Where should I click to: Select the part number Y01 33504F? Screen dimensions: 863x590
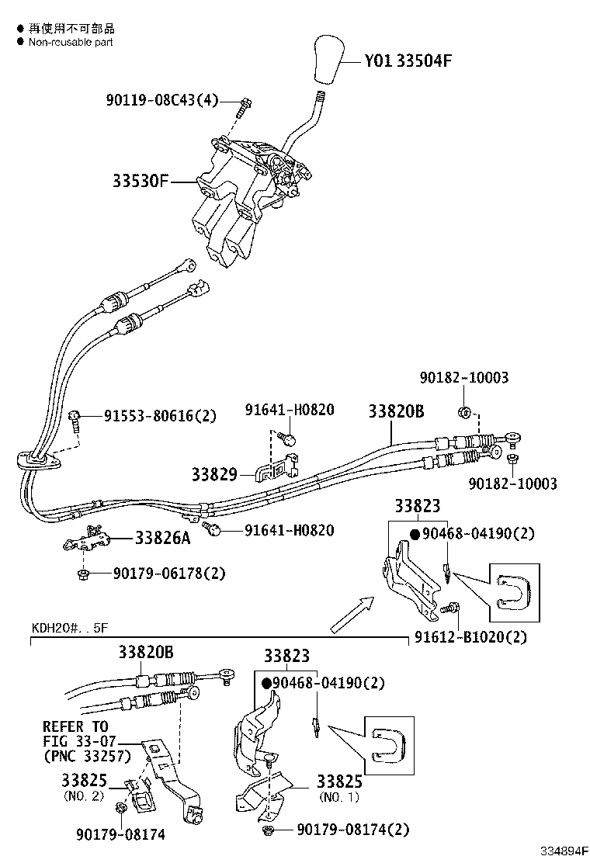click(x=408, y=61)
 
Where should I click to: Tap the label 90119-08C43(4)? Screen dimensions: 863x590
click(x=162, y=100)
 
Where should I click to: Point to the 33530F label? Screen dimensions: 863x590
click(x=141, y=182)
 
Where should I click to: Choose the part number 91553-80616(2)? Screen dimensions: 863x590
click(x=161, y=416)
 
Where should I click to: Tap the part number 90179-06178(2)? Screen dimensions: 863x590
click(x=169, y=574)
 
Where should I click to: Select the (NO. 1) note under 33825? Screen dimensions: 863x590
click(x=338, y=797)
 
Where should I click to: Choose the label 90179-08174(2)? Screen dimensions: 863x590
click(x=352, y=830)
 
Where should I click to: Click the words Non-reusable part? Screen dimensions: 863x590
click(x=71, y=42)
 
